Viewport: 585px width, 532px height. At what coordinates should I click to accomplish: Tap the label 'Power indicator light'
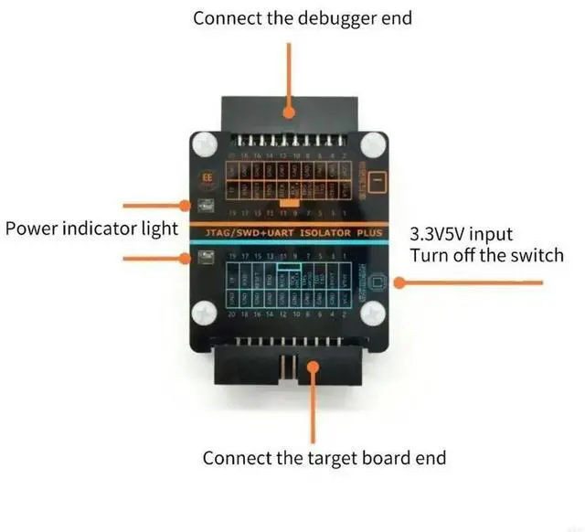tap(91, 229)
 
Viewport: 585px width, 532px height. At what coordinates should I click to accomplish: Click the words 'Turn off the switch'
tap(486, 255)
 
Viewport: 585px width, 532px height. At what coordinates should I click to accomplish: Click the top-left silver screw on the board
tap(204, 144)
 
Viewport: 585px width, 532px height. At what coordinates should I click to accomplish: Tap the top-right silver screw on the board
tap(373, 144)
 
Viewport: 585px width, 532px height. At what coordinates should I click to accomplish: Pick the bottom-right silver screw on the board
tap(373, 314)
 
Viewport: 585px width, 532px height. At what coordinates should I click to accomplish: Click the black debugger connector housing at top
tap(289, 108)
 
